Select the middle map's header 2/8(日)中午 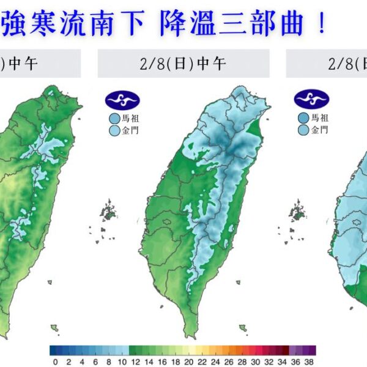(183, 64)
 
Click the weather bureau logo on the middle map (122, 100)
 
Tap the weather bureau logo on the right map (311, 100)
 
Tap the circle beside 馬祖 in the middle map (114, 118)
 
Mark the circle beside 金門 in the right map (303, 130)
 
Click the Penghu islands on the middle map (108, 211)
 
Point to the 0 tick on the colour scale (55, 361)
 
